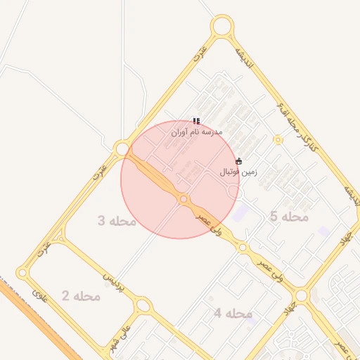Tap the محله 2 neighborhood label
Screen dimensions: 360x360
(x=81, y=296)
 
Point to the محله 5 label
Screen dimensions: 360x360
(x=289, y=217)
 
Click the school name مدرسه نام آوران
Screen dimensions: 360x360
(x=197, y=131)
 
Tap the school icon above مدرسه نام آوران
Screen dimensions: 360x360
(x=196, y=121)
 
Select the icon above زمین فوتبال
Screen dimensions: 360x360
(x=239, y=161)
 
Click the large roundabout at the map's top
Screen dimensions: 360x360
(x=222, y=27)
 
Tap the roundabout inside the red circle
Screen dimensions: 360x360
(x=184, y=200)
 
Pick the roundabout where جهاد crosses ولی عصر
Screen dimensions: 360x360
(x=301, y=296)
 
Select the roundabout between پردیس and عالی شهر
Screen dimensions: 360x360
(x=143, y=305)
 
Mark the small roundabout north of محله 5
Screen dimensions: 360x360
(x=278, y=140)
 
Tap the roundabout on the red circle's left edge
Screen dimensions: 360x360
(x=122, y=149)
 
